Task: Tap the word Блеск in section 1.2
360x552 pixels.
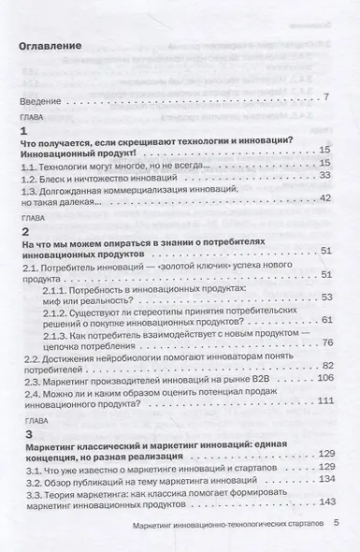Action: point(62,175)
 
